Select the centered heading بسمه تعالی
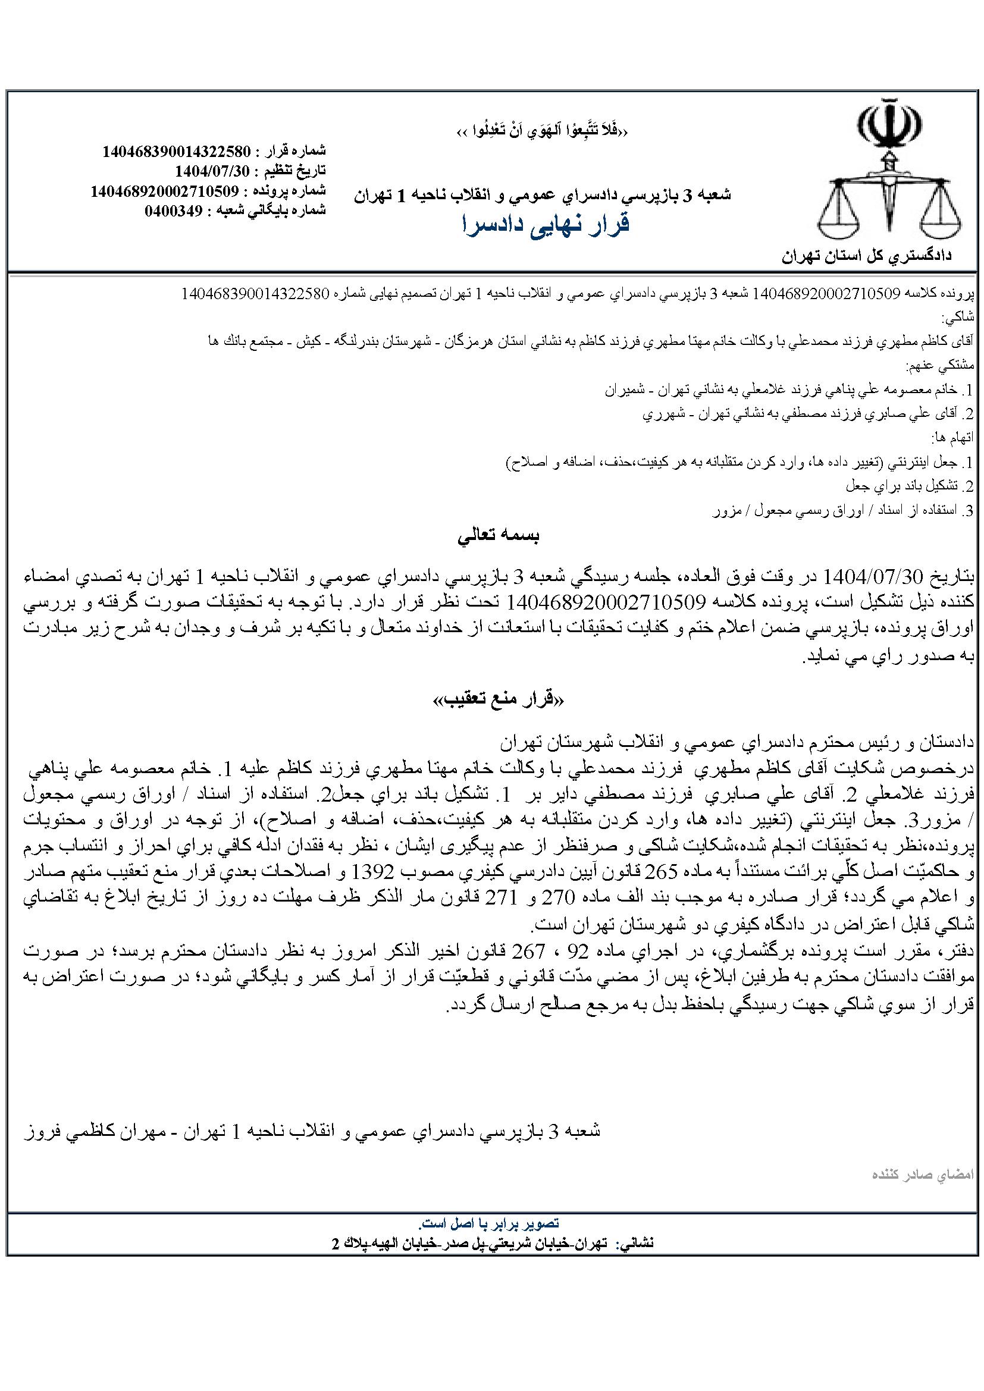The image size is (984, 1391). click(498, 536)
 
